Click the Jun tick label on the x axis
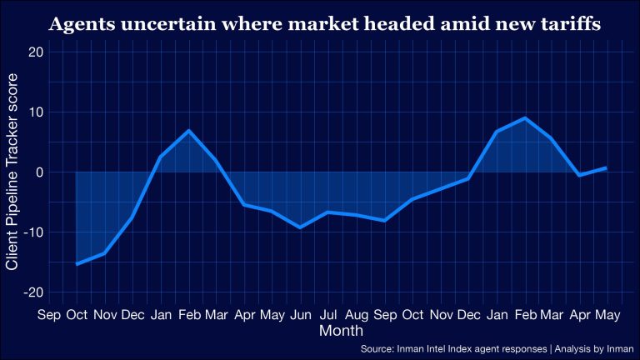click(300, 315)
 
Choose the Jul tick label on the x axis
click(328, 315)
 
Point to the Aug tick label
click(357, 315)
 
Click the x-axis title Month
click(341, 331)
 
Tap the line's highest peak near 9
click(523, 118)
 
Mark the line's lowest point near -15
click(77, 264)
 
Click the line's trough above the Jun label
click(300, 227)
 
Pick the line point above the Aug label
click(357, 215)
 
